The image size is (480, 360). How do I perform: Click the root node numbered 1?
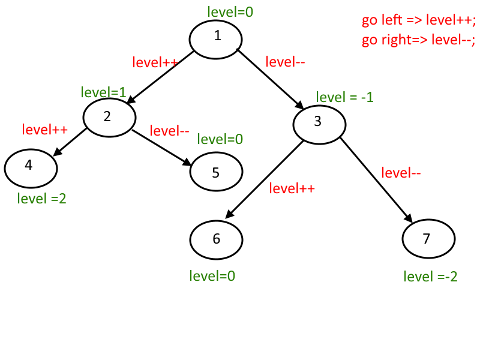pyautogui.click(x=216, y=40)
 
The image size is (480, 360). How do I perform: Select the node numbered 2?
pyautogui.click(x=110, y=118)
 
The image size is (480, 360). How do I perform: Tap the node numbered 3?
pyautogui.click(x=320, y=125)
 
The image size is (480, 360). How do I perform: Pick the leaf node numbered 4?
pyautogui.click(x=31, y=169)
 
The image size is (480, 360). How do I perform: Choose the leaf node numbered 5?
pyautogui.click(x=217, y=172)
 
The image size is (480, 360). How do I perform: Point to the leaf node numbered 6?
pyautogui.click(x=217, y=240)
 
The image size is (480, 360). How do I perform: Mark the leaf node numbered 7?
pyautogui.click(x=428, y=239)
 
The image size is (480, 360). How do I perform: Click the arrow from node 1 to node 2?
pyautogui.click(x=160, y=77)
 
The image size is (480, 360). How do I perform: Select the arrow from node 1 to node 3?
pyautogui.click(x=270, y=79)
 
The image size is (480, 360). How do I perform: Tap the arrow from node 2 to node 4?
pyautogui.click(x=70, y=142)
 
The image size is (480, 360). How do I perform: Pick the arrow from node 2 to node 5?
pyautogui.click(x=161, y=148)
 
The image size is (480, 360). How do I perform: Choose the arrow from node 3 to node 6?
pyautogui.click(x=264, y=179)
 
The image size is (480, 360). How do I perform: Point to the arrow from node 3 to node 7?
pyautogui.click(x=377, y=180)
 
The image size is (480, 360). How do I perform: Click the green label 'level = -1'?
pyautogui.click(x=344, y=97)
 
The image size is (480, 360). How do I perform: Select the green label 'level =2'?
pyautogui.click(x=41, y=199)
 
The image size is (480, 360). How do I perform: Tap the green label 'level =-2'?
pyautogui.click(x=430, y=277)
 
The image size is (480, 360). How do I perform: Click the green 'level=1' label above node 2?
pyautogui.click(x=103, y=92)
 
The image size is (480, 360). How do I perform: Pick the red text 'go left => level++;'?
pyautogui.click(x=419, y=20)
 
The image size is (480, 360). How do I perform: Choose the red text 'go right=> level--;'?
pyautogui.click(x=418, y=40)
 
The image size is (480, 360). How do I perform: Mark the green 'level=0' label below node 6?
pyautogui.click(x=212, y=276)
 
